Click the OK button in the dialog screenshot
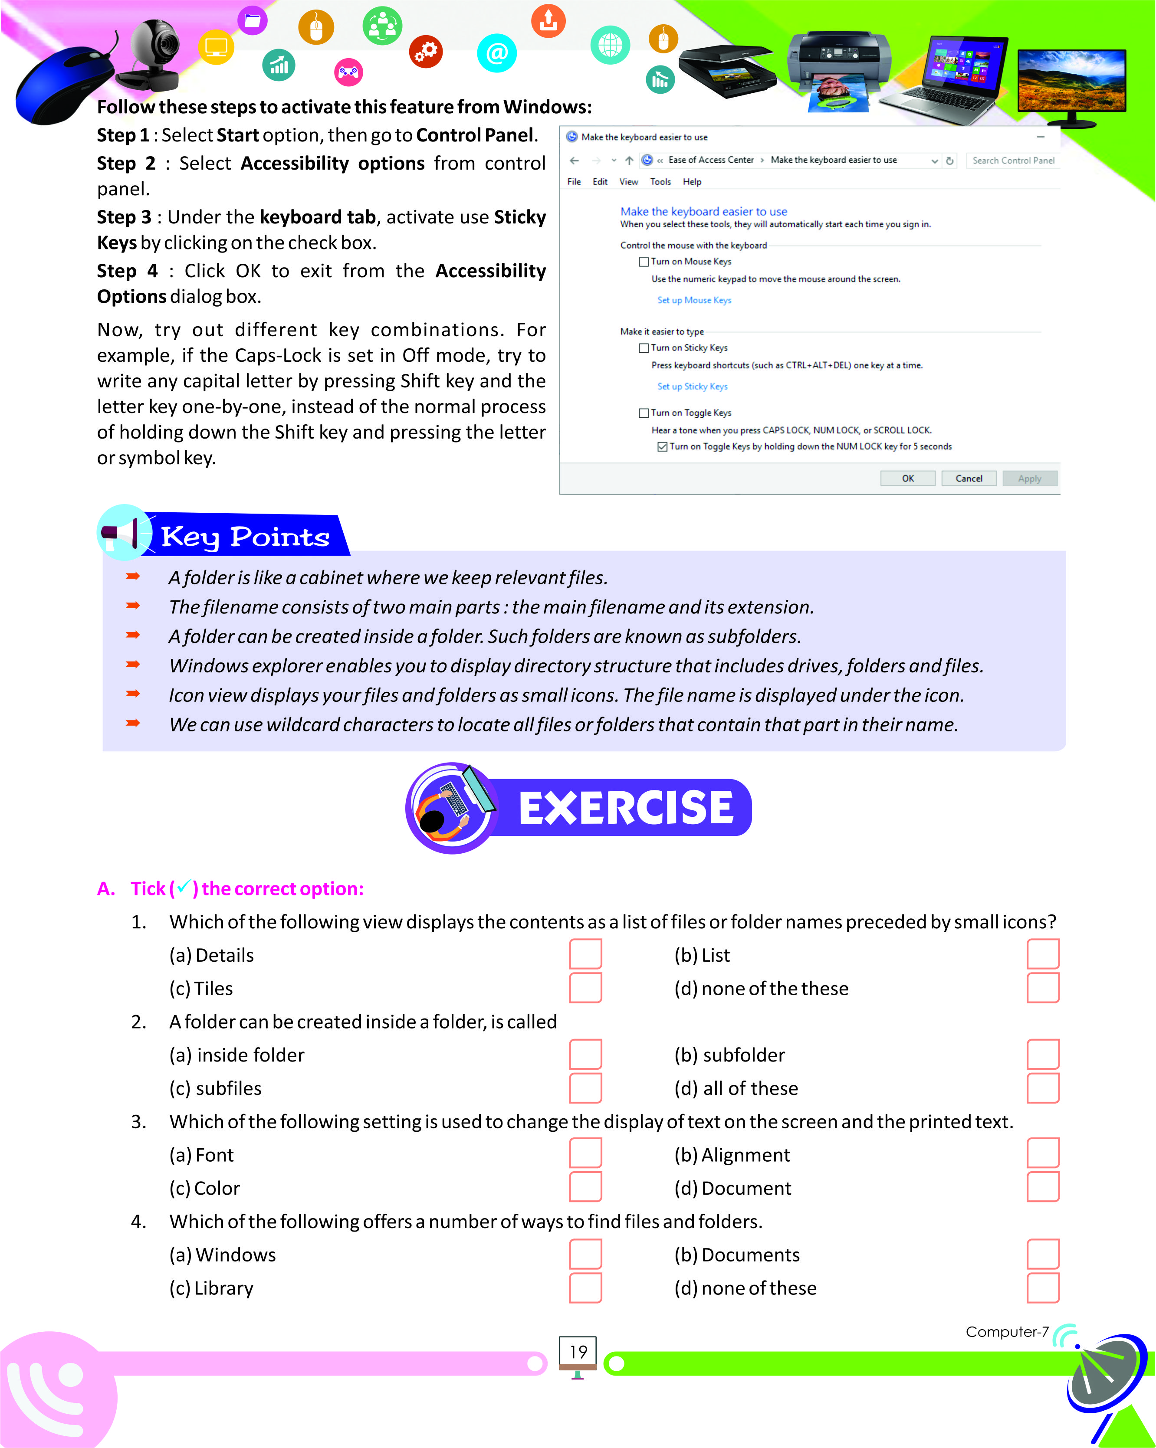click(x=907, y=478)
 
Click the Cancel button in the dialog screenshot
click(x=968, y=478)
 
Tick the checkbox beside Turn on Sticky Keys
click(x=644, y=348)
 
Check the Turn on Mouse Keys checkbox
click(x=644, y=262)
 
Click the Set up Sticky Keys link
click(x=692, y=386)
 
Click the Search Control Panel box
click(x=1012, y=161)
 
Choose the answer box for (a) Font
click(x=585, y=1153)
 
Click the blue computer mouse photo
click(x=60, y=84)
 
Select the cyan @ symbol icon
click(x=496, y=53)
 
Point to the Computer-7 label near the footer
click(x=1006, y=1332)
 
